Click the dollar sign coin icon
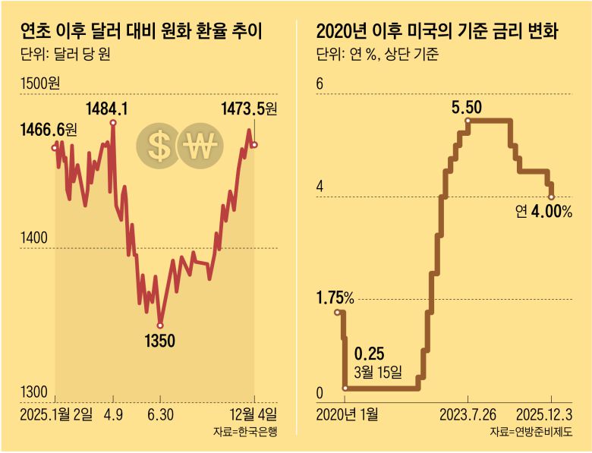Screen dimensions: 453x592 (159, 146)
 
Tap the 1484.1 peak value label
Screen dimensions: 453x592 (107, 109)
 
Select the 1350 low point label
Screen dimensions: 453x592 (159, 341)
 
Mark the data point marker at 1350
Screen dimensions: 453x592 (159, 325)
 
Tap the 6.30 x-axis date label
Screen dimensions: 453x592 (159, 414)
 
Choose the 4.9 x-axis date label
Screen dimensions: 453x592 (112, 414)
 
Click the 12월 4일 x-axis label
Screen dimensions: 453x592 (253, 414)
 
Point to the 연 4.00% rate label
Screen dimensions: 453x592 (543, 212)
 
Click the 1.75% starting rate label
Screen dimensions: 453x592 (335, 297)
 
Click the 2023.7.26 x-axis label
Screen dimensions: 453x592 (468, 414)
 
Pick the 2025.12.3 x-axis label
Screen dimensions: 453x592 (547, 414)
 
